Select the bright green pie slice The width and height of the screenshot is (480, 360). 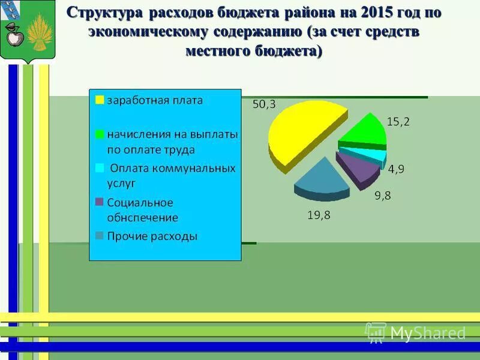365,131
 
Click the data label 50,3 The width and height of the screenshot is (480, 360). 264,104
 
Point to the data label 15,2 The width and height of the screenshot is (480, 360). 398,122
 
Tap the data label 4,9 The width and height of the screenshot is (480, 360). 396,169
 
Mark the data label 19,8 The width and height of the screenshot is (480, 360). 319,214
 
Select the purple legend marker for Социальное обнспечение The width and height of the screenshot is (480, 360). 100,202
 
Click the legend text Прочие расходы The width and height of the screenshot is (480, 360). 152,236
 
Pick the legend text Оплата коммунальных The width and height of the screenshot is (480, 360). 172,168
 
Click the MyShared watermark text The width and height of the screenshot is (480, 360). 428,333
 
